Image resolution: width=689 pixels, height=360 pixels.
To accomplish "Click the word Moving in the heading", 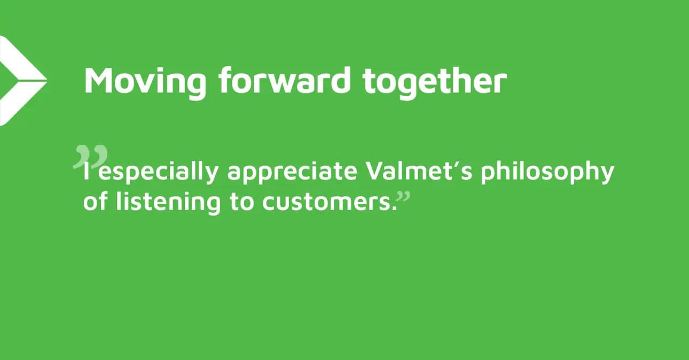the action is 145,81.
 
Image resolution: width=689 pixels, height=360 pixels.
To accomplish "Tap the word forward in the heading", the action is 285,80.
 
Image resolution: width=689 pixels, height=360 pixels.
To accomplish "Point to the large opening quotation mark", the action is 91,157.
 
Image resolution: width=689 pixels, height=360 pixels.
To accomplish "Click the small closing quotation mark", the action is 404,197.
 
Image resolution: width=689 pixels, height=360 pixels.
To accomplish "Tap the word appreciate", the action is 292,173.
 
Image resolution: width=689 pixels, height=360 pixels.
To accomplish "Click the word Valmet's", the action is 419,171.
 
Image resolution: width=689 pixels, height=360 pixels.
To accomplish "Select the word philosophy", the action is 547,173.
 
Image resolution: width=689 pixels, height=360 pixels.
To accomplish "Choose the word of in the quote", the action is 96,201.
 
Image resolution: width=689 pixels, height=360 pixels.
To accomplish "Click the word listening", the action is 168,203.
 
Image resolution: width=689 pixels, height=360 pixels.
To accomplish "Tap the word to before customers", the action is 242,202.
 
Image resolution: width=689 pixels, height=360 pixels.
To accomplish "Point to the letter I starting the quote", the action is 87,171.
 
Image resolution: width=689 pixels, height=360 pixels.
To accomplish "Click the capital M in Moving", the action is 100,80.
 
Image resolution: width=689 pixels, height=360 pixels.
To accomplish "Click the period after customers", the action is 394,208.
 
